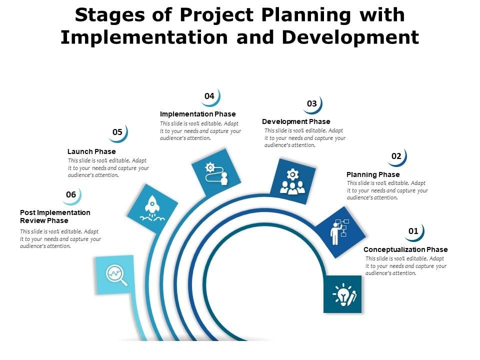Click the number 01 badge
tap(414, 231)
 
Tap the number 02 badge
tap(397, 156)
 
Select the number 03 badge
tap(312, 104)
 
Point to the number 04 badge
tap(210, 96)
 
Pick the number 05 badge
tap(118, 133)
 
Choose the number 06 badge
tap(71, 195)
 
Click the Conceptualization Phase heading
tap(405, 249)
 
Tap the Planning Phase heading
tap(373, 174)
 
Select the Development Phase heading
tap(296, 121)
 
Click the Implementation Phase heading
tap(198, 114)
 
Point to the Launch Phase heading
tap(91, 151)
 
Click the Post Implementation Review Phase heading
tap(55, 216)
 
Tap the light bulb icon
tap(344, 294)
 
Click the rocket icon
tap(152, 208)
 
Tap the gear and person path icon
tap(216, 174)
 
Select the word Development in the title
tap(350, 37)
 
